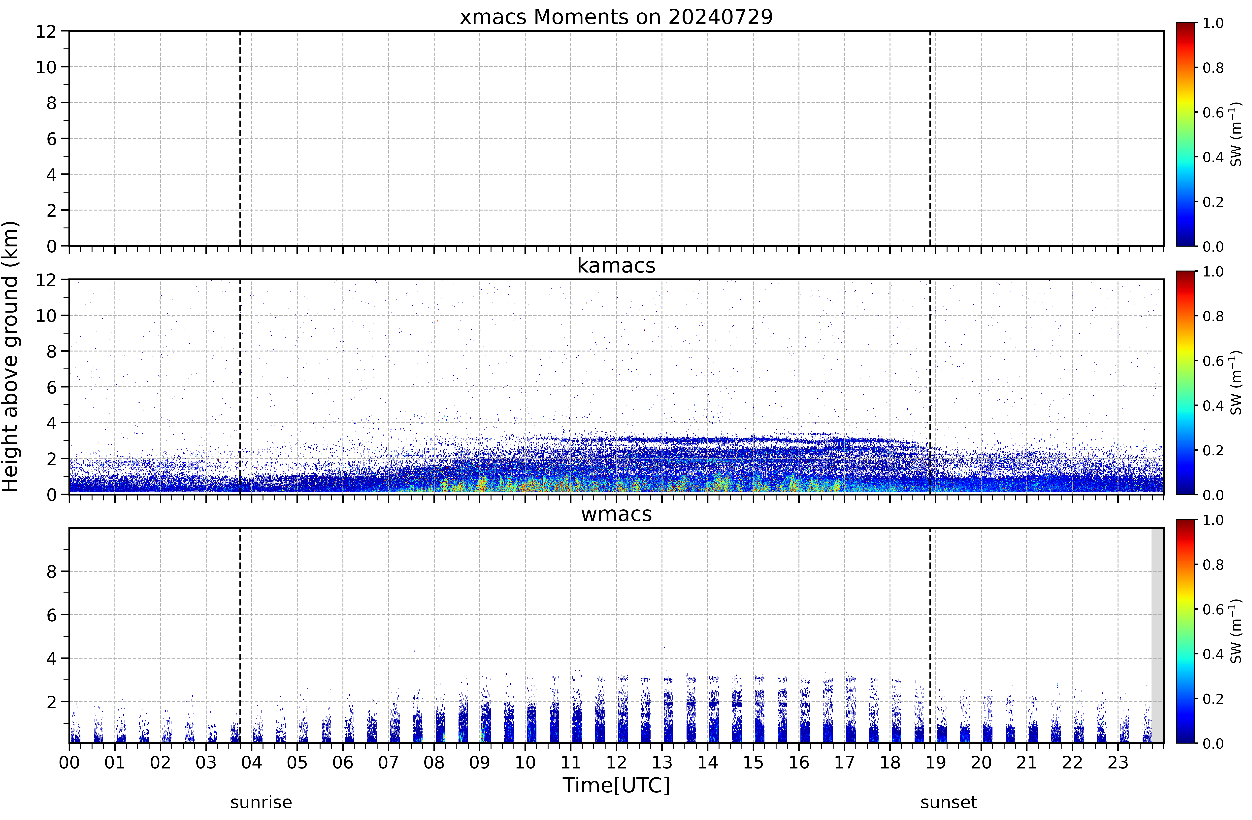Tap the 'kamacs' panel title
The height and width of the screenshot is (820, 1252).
616,265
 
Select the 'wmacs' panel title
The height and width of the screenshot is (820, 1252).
616,514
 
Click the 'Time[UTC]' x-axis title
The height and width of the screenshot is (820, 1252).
616,785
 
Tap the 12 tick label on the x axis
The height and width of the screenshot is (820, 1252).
616,762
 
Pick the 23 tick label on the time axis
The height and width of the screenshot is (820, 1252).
1118,762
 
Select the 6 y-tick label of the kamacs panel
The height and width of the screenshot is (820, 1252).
51,387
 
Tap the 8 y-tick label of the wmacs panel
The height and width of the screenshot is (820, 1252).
51,571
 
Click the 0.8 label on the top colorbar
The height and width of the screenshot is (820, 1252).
1213,68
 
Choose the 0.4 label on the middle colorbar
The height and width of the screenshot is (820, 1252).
1213,406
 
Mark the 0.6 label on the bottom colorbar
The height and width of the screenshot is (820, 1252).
1213,610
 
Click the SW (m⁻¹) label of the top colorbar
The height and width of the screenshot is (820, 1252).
1236,134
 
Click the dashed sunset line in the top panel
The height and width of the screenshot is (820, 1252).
930,138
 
